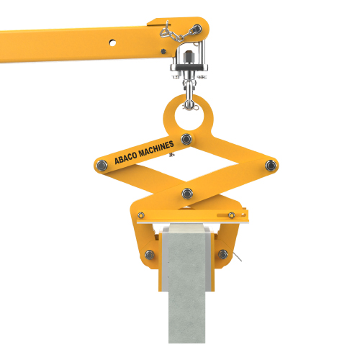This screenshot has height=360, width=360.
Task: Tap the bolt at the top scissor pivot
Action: coord(186,138)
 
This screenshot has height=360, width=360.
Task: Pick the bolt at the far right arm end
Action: coord(270,166)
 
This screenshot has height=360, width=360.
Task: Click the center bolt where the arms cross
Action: coord(187,192)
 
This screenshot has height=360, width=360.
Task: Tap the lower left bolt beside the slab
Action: coord(149,254)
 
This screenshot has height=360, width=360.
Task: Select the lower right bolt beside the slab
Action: coord(222,254)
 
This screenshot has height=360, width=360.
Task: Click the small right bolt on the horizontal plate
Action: coord(231,215)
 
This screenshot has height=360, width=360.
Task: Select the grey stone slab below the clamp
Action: coord(186,302)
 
